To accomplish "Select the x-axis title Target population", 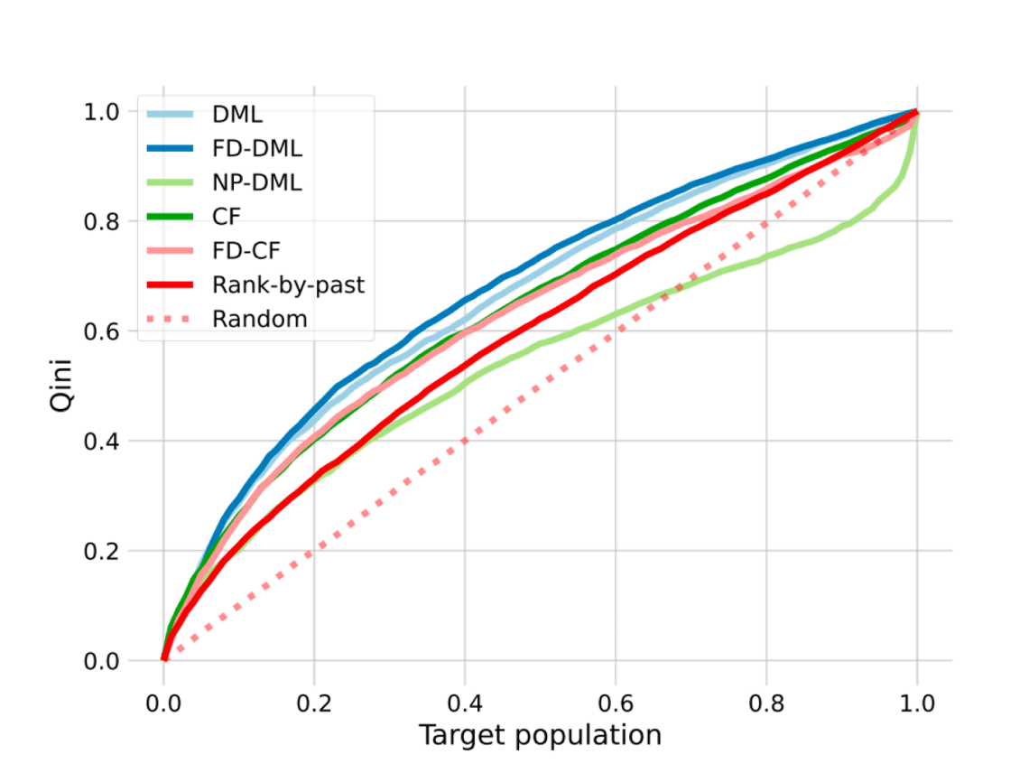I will (540, 735).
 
